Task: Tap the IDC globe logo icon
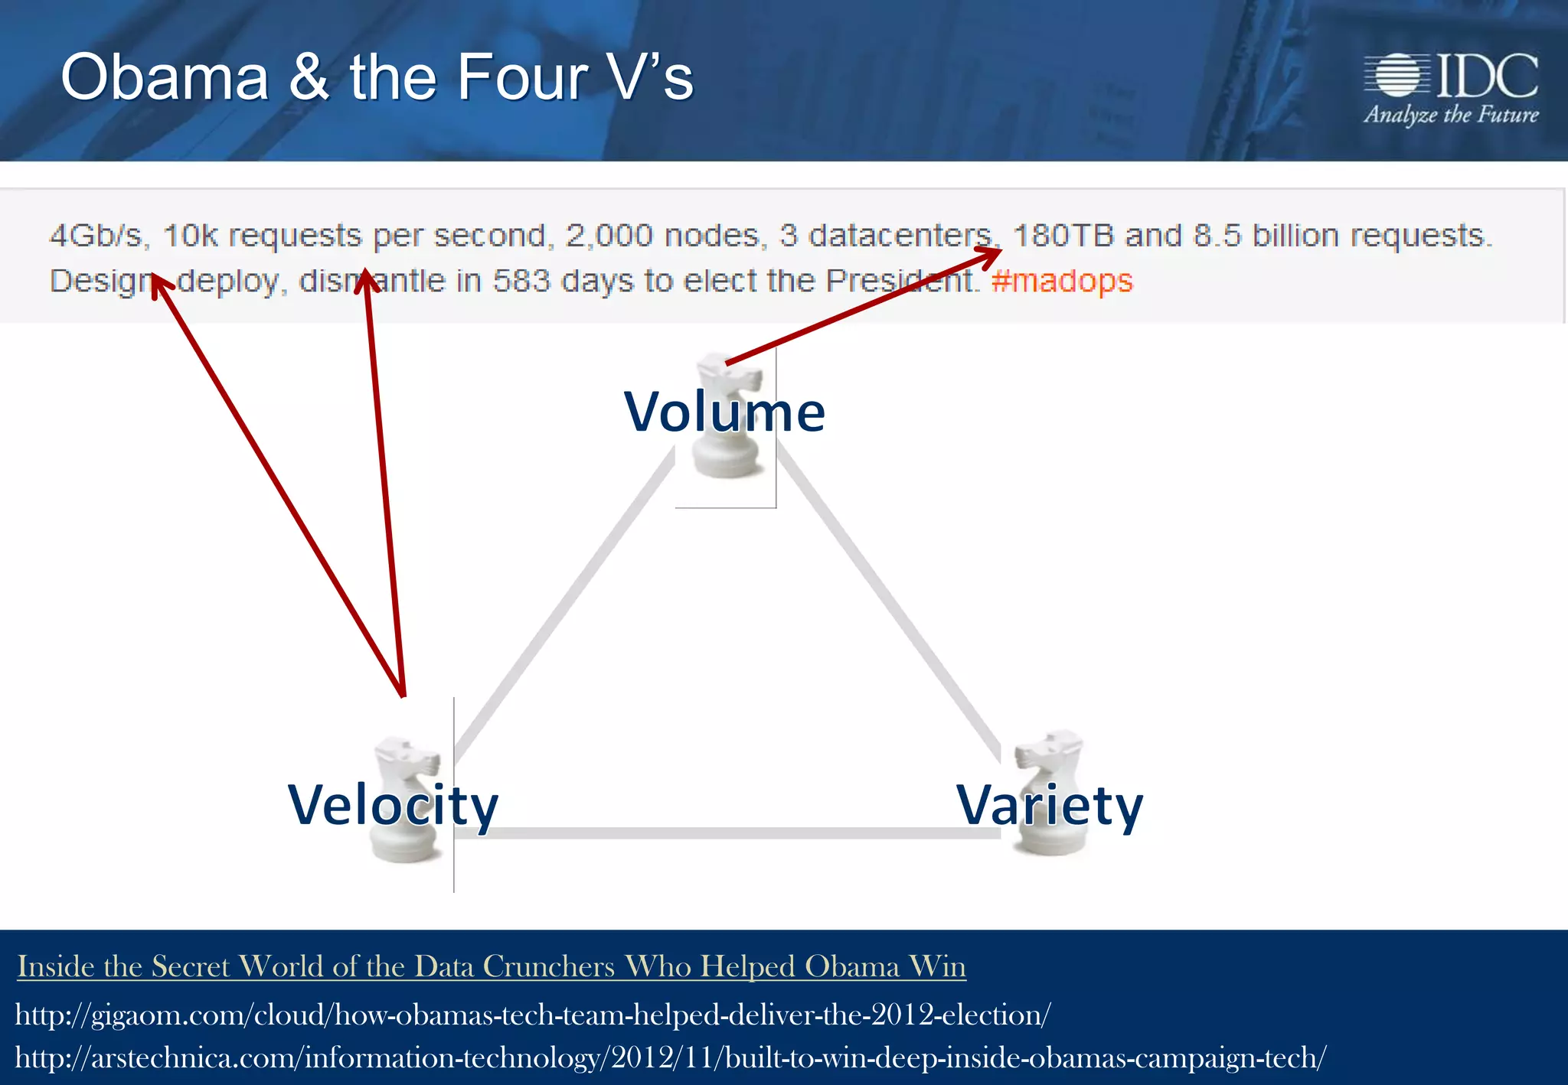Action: point(1397,75)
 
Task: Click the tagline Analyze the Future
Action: point(1451,115)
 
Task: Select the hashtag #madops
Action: point(1062,281)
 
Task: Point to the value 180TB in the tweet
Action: point(1063,236)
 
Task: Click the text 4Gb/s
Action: point(97,236)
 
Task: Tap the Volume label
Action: point(724,412)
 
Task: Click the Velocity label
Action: point(392,805)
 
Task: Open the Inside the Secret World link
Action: point(491,966)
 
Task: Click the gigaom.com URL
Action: point(532,1015)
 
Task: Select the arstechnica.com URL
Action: point(670,1058)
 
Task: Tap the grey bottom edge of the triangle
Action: point(727,832)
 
